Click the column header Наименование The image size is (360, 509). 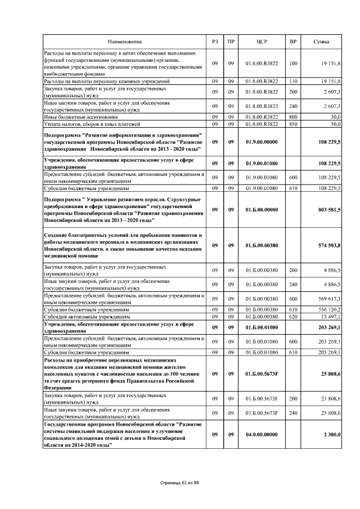[125, 42]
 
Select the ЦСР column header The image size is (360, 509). [262, 42]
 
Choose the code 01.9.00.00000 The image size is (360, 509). [262, 143]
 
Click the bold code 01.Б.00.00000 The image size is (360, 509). [262, 209]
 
